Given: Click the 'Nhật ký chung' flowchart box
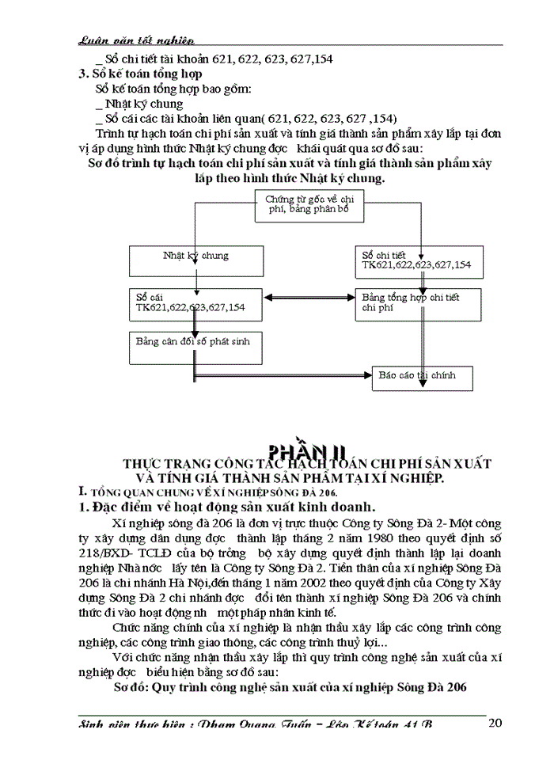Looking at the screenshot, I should point(195,259).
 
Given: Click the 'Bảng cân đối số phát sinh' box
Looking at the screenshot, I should point(195,344).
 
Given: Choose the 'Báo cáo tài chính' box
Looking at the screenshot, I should point(423,377).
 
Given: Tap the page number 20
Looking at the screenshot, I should point(496,722).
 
